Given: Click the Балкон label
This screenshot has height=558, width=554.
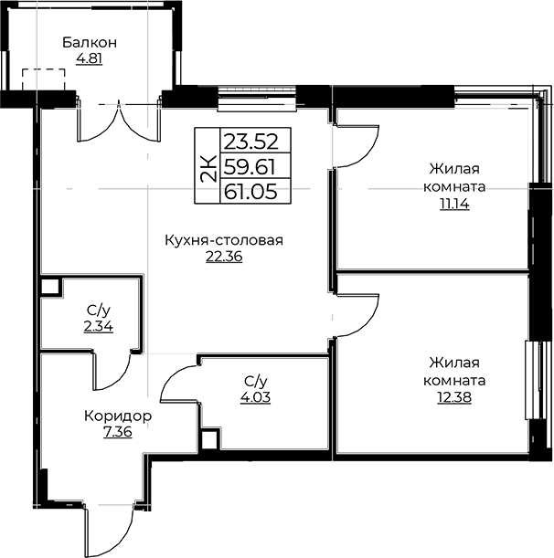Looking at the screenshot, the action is pos(90,42).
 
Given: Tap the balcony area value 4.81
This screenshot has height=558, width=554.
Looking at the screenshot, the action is pos(89,58).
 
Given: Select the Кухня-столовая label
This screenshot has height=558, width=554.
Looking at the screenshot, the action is pos(224,240).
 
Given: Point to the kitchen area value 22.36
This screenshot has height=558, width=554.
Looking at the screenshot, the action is pos(224,257).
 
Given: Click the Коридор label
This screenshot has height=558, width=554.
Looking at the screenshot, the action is pos(118,416).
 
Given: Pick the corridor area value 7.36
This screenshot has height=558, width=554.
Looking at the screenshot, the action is pos(118,432).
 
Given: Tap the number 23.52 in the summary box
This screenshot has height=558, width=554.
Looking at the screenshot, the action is pos(250,142).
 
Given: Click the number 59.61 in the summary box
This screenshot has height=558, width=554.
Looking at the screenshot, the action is pos(250,166).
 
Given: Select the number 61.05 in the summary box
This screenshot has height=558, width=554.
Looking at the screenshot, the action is pos(250,192).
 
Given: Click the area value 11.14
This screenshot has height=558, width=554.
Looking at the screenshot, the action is pos(454,205).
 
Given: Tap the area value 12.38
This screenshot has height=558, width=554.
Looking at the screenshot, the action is pos(454,397).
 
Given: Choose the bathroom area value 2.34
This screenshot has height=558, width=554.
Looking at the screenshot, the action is pos(99,326).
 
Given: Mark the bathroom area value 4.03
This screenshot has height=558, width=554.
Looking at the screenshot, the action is pos(255,397).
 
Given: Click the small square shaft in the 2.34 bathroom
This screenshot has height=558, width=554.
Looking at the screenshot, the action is pos(50,287).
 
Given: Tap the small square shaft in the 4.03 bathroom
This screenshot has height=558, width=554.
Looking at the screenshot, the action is pos(209,440).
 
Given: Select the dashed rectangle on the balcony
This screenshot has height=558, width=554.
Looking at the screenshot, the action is pos(44,79).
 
